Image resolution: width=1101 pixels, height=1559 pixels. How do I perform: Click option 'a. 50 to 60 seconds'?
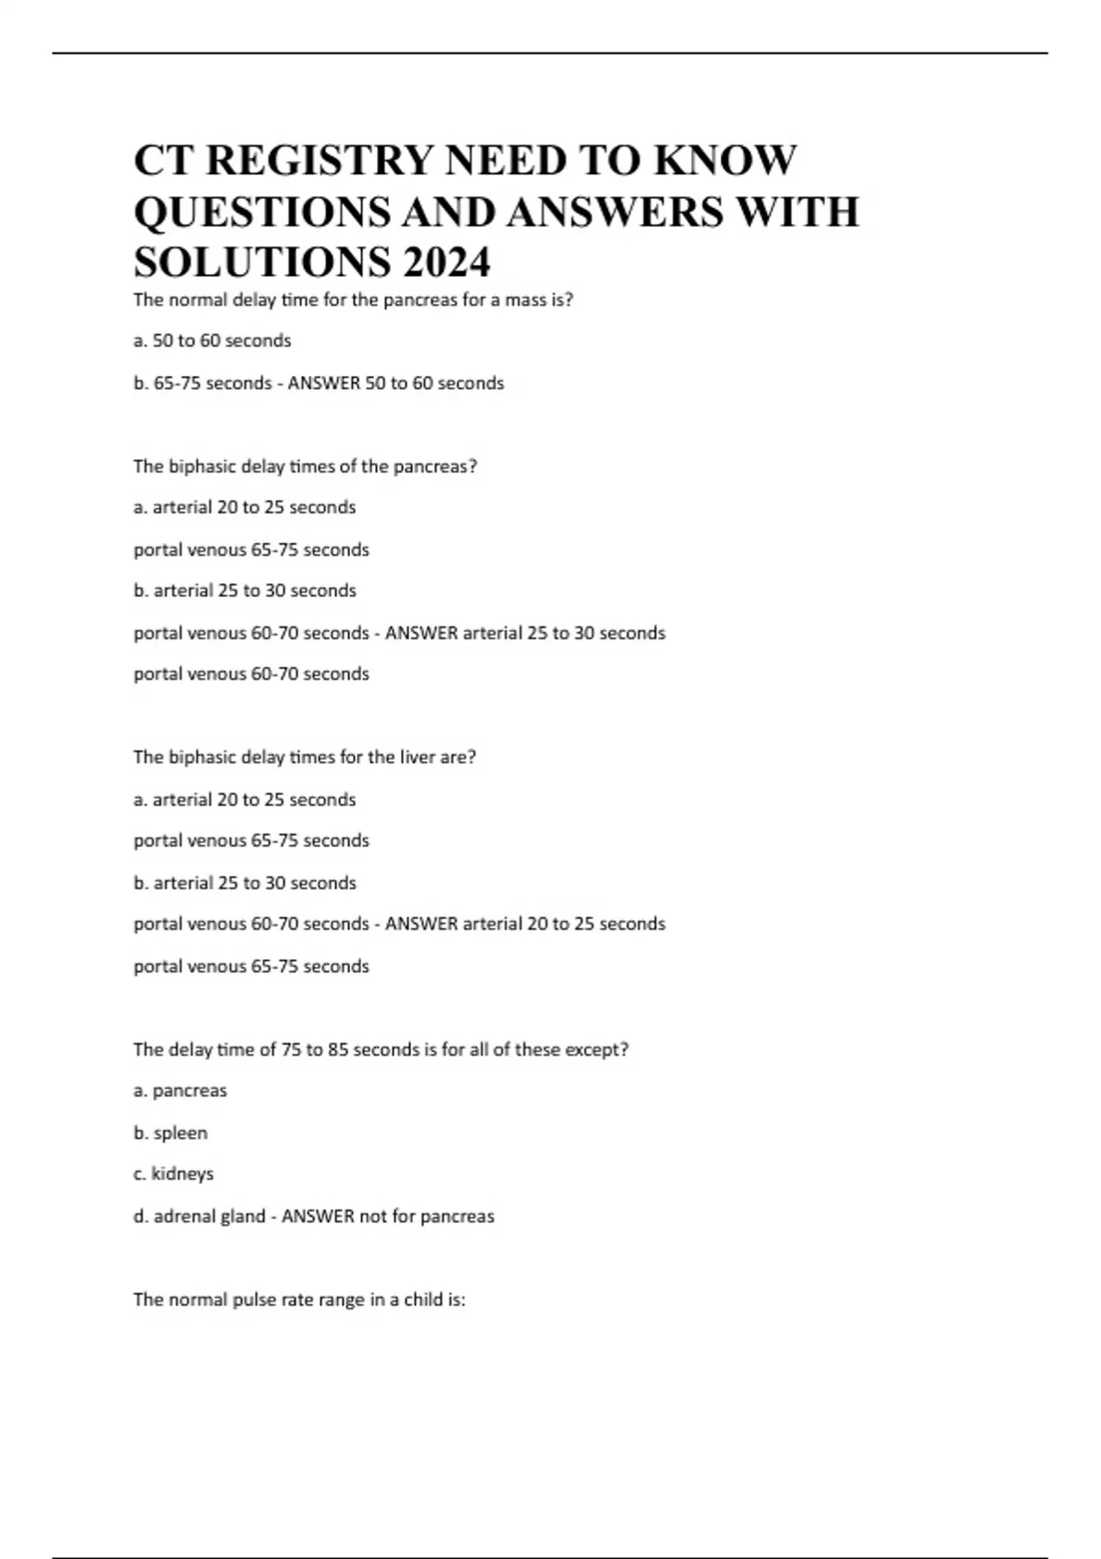pos(212,341)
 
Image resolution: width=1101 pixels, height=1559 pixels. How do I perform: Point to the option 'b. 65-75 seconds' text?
pos(202,383)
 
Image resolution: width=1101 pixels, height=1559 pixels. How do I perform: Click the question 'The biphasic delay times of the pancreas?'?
pos(305,467)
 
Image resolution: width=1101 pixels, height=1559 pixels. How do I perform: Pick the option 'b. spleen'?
pos(171,1133)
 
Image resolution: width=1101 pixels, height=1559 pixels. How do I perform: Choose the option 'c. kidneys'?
pos(173,1174)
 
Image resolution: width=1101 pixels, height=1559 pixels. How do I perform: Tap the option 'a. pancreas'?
pos(180,1091)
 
